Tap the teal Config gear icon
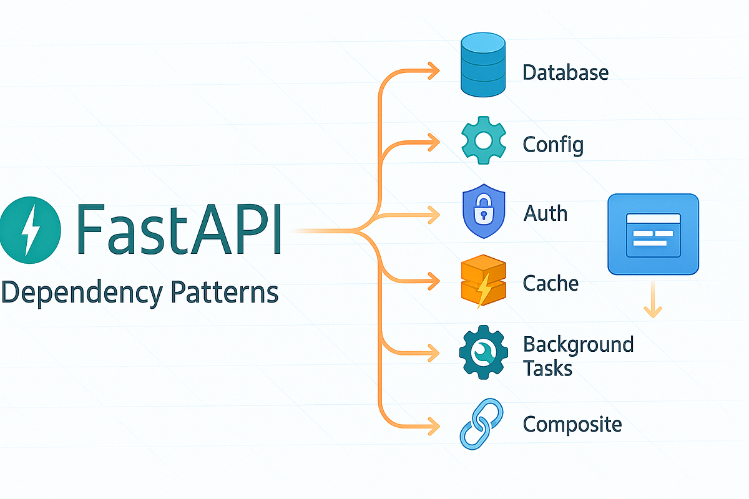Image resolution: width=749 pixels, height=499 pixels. pyautogui.click(x=484, y=140)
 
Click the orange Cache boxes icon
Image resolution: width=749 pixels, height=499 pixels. pyautogui.click(x=482, y=284)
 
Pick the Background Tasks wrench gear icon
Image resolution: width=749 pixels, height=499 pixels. pyautogui.click(x=482, y=353)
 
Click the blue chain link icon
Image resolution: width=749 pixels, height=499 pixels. pyautogui.click(x=481, y=425)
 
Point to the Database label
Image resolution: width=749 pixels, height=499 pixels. pyautogui.click(x=565, y=72)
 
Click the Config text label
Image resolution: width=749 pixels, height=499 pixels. pyautogui.click(x=553, y=145)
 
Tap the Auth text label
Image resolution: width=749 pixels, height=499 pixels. pyautogui.click(x=546, y=214)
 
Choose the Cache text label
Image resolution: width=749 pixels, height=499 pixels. pyautogui.click(x=551, y=284)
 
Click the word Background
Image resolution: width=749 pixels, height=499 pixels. pyautogui.click(x=578, y=344)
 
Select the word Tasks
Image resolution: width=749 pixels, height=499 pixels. pyautogui.click(x=547, y=368)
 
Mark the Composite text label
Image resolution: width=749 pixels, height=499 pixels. pyautogui.click(x=572, y=425)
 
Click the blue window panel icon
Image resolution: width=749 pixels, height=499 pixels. pyautogui.click(x=653, y=234)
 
